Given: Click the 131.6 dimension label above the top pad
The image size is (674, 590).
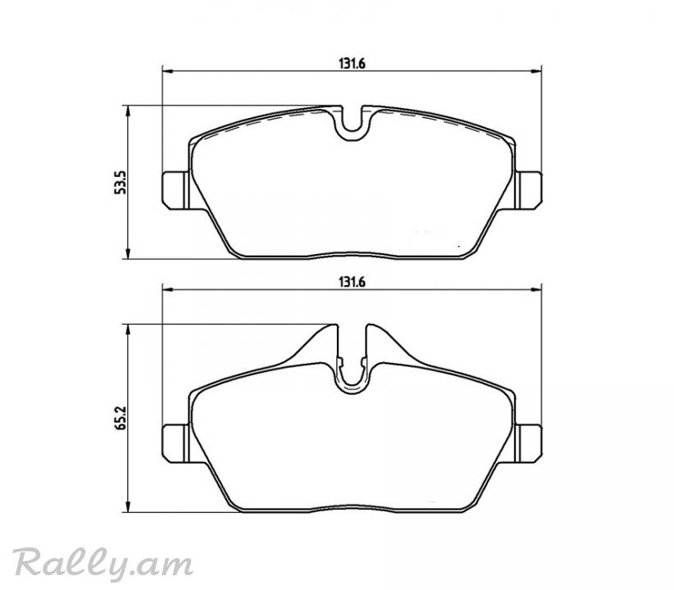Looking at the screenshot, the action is coord(352,64).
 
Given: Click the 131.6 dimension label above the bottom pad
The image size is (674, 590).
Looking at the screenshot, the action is coord(352,283).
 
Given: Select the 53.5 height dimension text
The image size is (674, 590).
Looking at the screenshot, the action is coord(121,183).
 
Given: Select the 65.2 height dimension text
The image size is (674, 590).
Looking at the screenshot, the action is coord(121,418).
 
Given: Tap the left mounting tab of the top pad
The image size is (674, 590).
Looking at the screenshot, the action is coord(175,190).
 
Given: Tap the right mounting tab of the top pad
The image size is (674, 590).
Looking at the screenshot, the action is coord(528,190).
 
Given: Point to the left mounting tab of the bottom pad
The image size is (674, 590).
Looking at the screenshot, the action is coord(175,443).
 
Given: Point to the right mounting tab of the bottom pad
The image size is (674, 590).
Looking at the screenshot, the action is coord(528,443).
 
